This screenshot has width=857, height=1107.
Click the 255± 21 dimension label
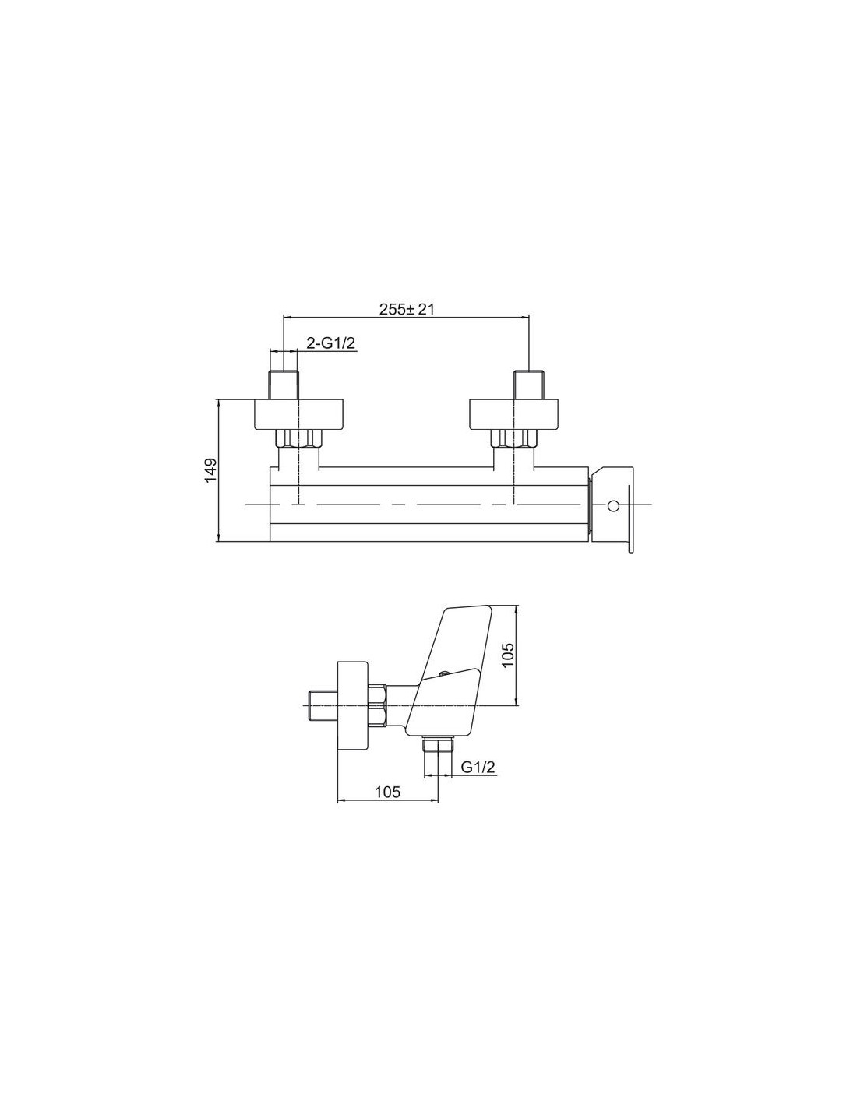tap(406, 309)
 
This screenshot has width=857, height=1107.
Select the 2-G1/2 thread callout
tap(330, 343)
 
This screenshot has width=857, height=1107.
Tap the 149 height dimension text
tap(210, 470)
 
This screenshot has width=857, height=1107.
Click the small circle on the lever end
tap(613, 506)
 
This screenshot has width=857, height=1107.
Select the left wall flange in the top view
tap(298, 413)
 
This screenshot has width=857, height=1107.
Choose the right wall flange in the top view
tap(513, 413)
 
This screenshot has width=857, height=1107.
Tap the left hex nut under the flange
tap(298, 438)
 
